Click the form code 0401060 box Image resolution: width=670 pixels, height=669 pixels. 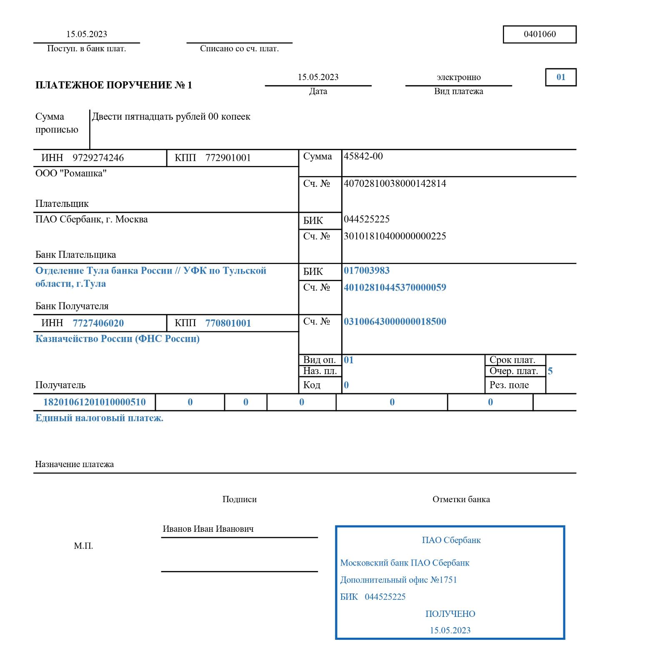(540, 34)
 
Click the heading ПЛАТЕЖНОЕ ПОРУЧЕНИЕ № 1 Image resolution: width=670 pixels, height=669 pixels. (114, 86)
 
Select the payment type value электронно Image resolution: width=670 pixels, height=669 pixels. (458, 77)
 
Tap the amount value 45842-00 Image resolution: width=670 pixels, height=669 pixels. (363, 156)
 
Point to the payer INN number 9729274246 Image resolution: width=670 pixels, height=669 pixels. (98, 158)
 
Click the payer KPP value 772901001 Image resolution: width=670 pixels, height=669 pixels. (228, 158)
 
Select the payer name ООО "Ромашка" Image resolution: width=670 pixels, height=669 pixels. (71, 174)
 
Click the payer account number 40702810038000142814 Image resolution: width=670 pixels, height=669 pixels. (395, 184)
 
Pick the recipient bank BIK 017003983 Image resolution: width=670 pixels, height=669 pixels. (367, 271)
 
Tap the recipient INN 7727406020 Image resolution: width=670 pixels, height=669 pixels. (98, 323)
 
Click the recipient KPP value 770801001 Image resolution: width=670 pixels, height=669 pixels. (228, 323)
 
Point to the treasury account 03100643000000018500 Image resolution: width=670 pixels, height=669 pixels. (395, 322)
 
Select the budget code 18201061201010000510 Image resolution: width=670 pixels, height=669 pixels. (95, 402)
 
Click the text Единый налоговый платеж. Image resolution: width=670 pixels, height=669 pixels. (99, 418)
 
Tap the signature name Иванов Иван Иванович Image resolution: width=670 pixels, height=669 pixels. (208, 529)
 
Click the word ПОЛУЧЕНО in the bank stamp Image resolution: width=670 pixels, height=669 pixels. (450, 614)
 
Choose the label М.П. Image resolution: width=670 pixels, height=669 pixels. (83, 546)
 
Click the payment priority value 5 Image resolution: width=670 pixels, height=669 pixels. (550, 371)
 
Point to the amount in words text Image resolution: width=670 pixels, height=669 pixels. (171, 116)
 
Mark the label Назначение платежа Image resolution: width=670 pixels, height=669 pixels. (74, 464)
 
